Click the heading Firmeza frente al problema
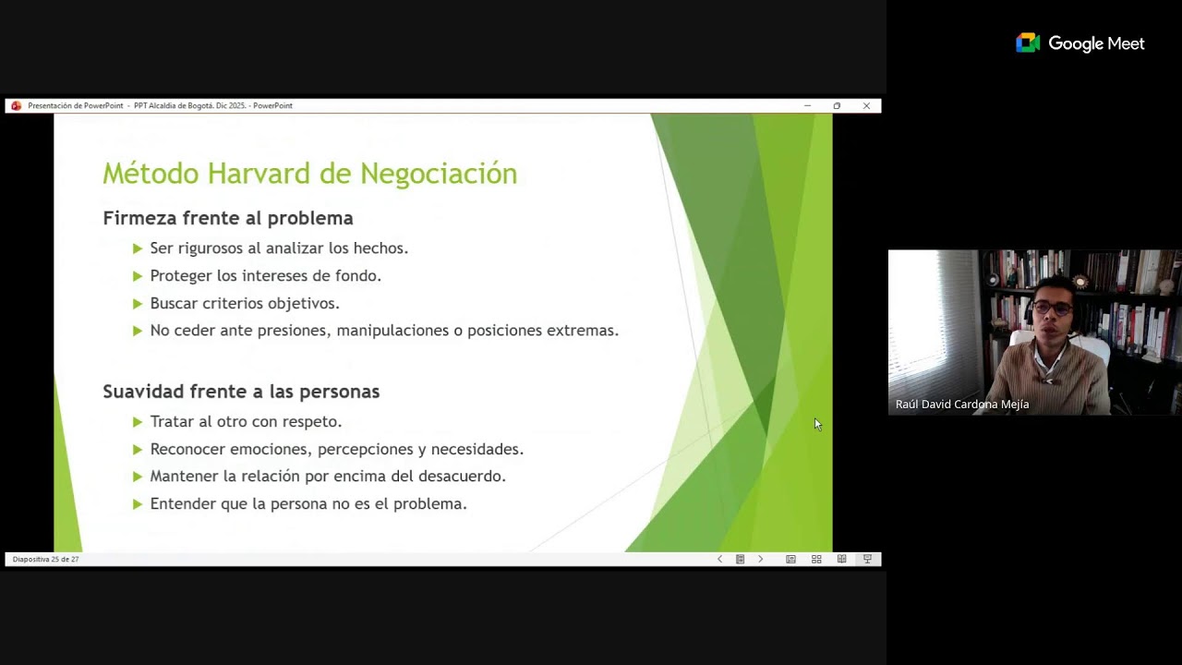tap(228, 219)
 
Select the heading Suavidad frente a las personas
tap(241, 392)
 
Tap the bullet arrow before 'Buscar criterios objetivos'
tap(138, 303)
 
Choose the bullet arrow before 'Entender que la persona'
tap(138, 504)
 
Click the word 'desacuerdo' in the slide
tap(462, 477)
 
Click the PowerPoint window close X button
tap(866, 106)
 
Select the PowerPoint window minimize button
tap(807, 106)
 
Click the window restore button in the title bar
tap(837, 106)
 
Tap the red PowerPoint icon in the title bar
tap(16, 106)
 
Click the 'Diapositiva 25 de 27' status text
tap(46, 560)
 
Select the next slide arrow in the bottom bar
tap(760, 560)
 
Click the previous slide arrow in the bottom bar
tap(720, 560)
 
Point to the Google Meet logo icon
tap(1028, 43)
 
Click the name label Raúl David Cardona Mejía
tap(961, 405)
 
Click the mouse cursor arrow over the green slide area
tap(817, 424)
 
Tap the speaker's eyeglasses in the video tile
tap(1053, 308)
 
